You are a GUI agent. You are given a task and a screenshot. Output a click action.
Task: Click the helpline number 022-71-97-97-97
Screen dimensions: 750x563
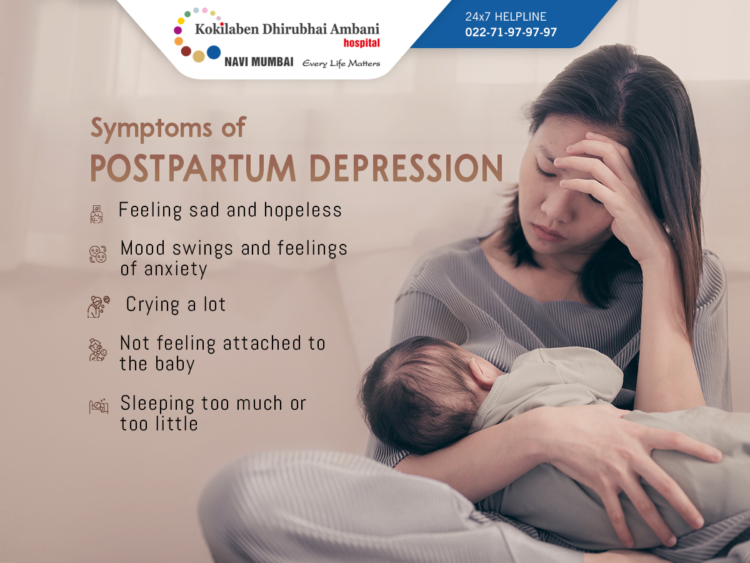(511, 32)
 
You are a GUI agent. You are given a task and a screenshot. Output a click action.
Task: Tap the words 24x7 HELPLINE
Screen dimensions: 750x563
(506, 16)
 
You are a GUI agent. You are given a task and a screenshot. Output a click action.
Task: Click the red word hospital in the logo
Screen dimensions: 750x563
(361, 43)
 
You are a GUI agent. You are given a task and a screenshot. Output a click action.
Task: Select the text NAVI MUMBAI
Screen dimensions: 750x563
(259, 62)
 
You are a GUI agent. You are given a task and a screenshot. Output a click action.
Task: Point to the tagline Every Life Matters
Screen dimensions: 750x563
(341, 64)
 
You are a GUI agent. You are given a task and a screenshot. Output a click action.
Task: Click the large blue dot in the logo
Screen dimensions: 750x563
(214, 53)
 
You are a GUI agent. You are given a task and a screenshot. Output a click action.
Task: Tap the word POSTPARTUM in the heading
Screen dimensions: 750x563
(193, 168)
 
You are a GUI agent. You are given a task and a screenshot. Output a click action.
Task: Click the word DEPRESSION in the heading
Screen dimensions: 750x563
(406, 168)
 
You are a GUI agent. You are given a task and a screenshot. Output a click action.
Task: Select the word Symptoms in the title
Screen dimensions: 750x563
(151, 128)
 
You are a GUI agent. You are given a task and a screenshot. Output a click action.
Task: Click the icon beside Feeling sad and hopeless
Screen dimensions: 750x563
(96, 215)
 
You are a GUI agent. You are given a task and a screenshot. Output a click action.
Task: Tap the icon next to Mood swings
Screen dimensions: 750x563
(97, 255)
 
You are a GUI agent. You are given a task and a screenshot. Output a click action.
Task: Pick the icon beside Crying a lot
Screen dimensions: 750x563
(98, 307)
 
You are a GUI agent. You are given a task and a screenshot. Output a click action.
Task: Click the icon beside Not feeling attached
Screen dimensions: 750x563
(97, 350)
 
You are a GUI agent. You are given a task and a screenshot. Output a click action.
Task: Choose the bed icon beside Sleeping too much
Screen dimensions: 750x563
(99, 406)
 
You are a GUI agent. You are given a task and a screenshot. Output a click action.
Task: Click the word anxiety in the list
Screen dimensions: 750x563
(176, 270)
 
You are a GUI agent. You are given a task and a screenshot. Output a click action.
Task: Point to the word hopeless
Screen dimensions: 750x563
(302, 210)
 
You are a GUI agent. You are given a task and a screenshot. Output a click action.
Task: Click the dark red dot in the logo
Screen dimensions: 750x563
(186, 51)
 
